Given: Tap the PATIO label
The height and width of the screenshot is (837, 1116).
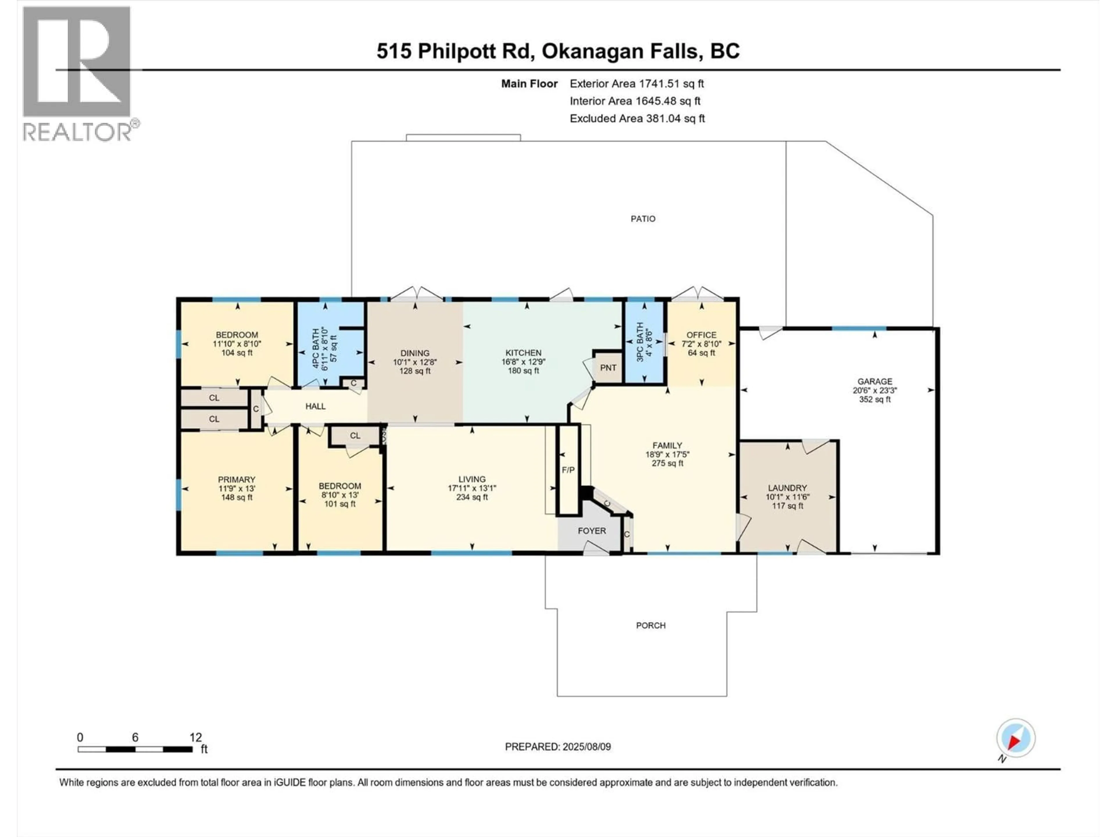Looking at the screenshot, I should point(643,219).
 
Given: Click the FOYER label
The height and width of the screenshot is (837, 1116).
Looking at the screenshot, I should point(592,531).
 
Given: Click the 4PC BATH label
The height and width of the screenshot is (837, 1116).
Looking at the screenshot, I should point(316,348).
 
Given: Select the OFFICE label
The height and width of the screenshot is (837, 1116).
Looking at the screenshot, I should point(701,335).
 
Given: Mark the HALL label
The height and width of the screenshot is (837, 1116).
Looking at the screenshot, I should point(315,406).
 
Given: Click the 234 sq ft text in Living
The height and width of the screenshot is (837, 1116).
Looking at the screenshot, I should point(472,497).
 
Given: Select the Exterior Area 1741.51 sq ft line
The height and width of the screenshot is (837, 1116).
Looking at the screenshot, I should point(637,84).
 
